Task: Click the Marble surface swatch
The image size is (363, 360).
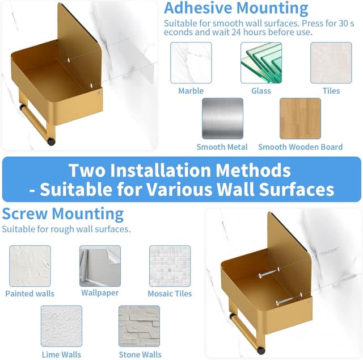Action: click(191, 62)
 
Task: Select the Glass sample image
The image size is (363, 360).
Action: click(261, 62)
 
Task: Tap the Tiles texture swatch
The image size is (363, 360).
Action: click(331, 62)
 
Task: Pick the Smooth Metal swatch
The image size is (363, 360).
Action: click(222, 119)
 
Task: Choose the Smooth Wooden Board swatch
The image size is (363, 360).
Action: click(300, 119)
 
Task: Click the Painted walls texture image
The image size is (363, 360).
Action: click(30, 266)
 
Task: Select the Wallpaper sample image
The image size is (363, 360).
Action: click(100, 266)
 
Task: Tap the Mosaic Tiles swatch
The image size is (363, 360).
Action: click(170, 266)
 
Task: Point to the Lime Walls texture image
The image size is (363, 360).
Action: click(61, 326)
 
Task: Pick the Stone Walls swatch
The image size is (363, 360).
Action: click(139, 326)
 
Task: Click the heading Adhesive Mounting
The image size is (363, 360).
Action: click(236, 8)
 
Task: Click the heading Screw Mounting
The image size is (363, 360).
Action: click(63, 214)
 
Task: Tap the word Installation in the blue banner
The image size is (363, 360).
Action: click(161, 170)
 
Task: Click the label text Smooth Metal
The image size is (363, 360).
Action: click(222, 147)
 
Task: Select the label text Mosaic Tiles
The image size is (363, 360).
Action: click(170, 294)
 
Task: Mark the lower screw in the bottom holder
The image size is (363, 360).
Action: click(285, 301)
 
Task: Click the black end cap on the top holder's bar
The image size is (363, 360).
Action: click(51, 141)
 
